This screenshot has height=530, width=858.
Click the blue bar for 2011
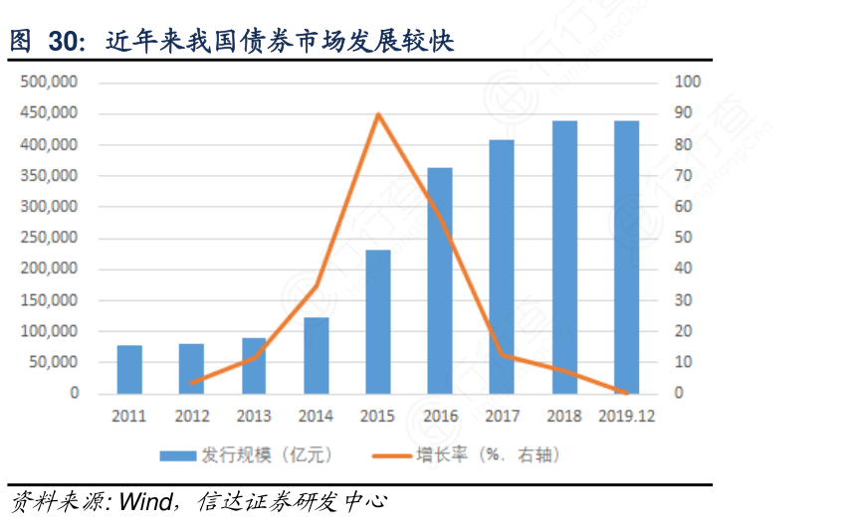129,369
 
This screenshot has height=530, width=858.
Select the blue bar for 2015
378,321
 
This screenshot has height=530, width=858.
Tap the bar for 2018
564,257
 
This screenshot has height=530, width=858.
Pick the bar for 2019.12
626,257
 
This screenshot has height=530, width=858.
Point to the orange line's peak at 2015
378,114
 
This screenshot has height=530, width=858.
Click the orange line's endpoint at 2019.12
626,393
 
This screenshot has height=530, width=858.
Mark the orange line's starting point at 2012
191,382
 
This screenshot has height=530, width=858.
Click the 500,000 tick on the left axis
49,83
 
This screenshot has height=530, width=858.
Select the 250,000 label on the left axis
49,238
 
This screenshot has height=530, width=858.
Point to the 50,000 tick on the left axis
53,362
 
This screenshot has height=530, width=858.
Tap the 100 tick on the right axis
688,83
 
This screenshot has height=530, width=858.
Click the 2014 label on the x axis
316,417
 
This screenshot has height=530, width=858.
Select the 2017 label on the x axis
502,417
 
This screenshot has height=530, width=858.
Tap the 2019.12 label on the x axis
626,417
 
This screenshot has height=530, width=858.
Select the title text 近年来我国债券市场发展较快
279,43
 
